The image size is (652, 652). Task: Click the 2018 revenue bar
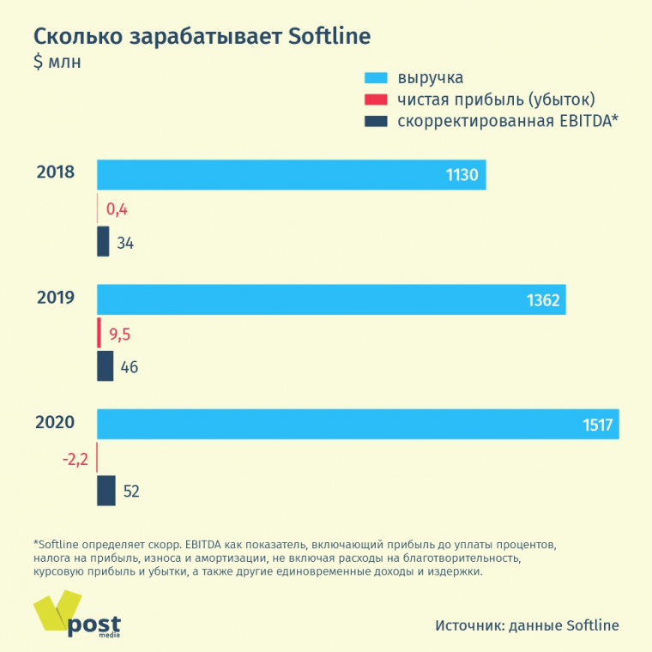coord(292,174)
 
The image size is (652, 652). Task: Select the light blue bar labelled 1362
coord(331,299)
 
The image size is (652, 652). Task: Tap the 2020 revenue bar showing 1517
coord(358,425)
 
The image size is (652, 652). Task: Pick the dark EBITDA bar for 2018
coord(103,241)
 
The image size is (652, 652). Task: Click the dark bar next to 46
coord(105,366)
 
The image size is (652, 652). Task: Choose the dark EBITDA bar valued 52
coord(106,491)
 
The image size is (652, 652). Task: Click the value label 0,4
coord(118,208)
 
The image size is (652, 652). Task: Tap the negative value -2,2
coord(75,459)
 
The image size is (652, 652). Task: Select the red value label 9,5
coord(120,334)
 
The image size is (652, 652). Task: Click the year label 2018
coord(56,172)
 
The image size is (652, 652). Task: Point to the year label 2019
coord(56,298)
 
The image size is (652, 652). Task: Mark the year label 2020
coord(56,422)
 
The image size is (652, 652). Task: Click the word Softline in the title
coord(329,37)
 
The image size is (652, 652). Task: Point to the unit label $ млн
coord(57,63)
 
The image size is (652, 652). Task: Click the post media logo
coord(77,616)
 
